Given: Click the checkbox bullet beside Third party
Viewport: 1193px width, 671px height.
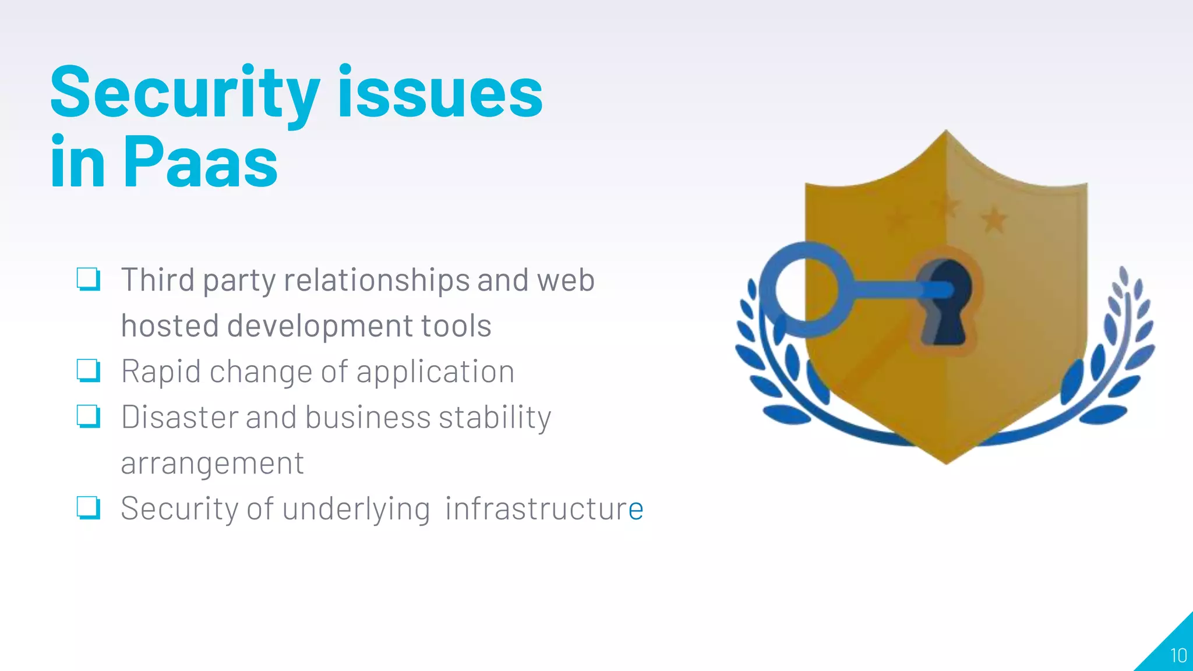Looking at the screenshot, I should click(89, 280).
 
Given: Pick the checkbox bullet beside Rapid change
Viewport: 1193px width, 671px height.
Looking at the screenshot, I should click(89, 371).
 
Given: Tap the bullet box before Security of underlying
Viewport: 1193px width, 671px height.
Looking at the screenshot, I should click(89, 508).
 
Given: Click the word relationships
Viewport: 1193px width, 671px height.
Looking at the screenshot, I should click(376, 281).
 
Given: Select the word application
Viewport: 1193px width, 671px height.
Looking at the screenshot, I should click(435, 372).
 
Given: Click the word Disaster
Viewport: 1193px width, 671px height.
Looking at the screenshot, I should click(179, 418).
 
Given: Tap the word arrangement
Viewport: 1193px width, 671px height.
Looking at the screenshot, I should click(212, 464).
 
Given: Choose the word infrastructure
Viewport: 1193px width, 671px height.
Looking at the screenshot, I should click(544, 508).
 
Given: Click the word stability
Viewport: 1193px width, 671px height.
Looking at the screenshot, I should click(495, 418).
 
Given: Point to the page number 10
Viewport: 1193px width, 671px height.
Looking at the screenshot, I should click(1178, 656).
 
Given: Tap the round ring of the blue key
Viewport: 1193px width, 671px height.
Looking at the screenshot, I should click(806, 289).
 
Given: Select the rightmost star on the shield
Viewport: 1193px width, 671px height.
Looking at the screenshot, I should click(994, 220).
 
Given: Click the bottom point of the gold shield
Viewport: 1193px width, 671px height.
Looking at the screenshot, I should click(945, 462).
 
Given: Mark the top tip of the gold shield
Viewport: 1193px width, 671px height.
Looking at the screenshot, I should click(945, 133).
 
